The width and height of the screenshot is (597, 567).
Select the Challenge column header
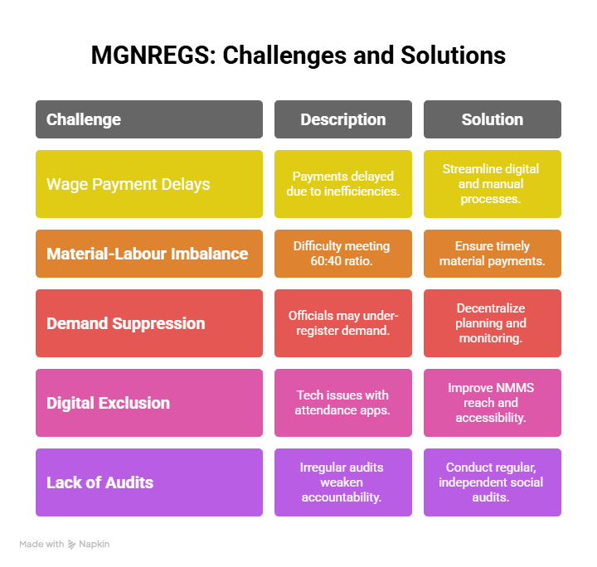[x=149, y=119]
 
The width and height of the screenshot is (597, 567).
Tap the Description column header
[x=343, y=119]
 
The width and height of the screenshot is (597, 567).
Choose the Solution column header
[x=493, y=119]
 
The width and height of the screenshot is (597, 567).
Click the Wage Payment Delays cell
[x=149, y=184]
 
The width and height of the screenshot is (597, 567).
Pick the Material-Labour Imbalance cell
[x=149, y=254]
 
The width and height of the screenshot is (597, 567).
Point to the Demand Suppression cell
[x=149, y=323]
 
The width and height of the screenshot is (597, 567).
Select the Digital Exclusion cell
[x=149, y=403]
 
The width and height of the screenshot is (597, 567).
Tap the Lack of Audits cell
[x=149, y=482]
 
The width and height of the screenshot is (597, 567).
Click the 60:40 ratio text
[x=342, y=261]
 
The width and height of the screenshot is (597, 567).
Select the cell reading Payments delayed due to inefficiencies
[x=343, y=184]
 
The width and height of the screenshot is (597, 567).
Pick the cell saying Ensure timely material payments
[x=493, y=254]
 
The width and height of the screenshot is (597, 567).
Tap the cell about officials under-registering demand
[x=343, y=323]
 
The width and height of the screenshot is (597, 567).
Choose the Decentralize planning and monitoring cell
[x=493, y=323]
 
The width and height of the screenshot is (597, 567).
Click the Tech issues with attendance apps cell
[x=343, y=403]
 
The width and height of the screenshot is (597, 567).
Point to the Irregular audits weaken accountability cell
[x=343, y=482]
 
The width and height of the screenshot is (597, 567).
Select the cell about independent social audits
[x=493, y=482]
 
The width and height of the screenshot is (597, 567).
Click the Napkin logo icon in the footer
[x=71, y=544]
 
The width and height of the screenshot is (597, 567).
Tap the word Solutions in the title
[x=453, y=56]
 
